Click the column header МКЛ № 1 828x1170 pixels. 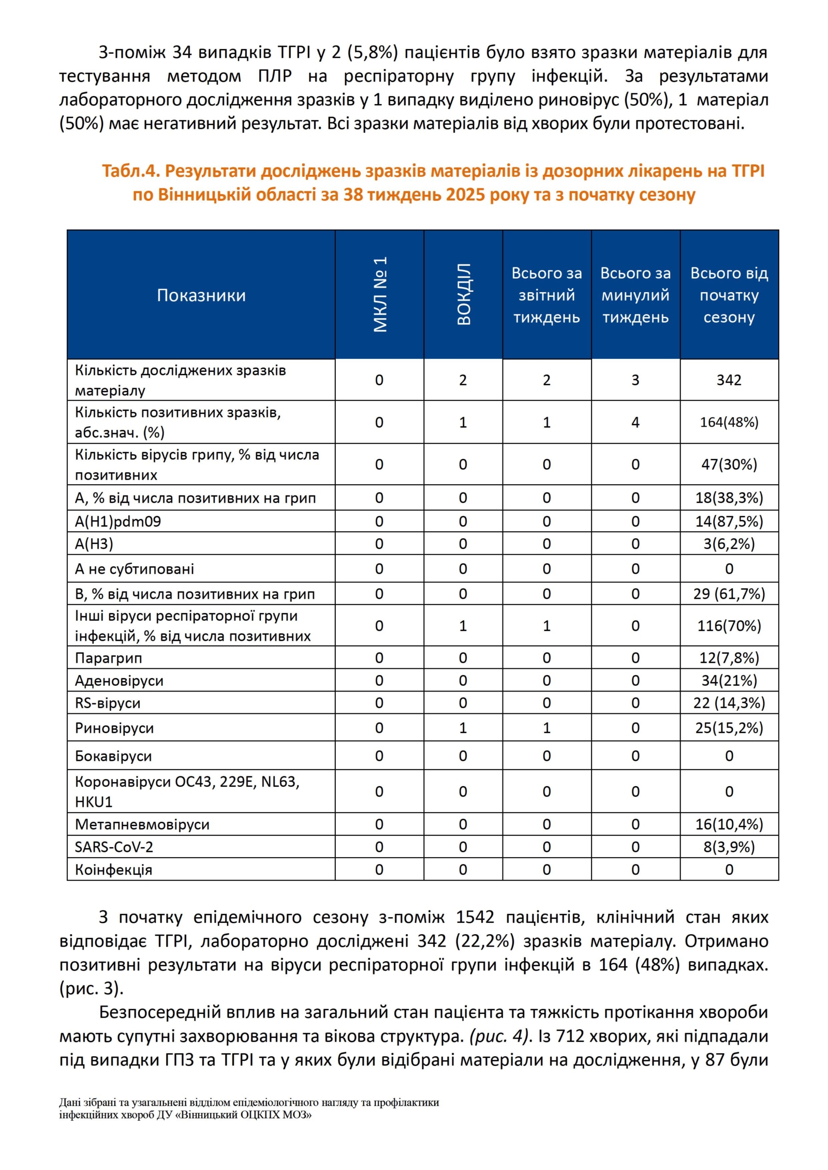tap(379, 294)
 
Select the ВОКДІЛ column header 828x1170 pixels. tap(463, 294)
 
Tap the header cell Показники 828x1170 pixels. tap(201, 295)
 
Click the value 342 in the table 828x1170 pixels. tap(729, 380)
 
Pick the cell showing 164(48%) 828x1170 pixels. tap(729, 423)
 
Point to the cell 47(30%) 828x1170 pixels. tap(729, 464)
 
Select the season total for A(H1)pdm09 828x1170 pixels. tap(729, 521)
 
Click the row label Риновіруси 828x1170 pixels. tap(114, 728)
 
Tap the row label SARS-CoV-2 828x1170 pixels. tap(114, 847)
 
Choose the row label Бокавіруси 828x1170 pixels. tap(113, 756)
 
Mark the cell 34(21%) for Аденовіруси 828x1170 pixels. tap(729, 681)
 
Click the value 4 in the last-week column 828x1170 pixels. tap(635, 423)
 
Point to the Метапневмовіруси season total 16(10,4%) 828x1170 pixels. tap(729, 824)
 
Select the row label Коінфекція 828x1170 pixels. tap(113, 870)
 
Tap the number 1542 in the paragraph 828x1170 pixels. tap(475, 917)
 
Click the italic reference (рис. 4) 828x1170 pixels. tap(499, 1036)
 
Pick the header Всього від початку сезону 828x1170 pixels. tap(729, 295)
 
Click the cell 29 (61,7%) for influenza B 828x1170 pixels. tap(729, 594)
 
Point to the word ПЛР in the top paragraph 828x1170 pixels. tap(274, 77)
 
